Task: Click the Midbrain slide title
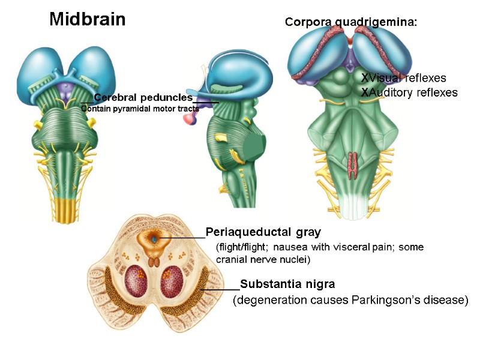pyautogui.click(x=88, y=20)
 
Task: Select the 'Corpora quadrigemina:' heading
pyautogui.click(x=350, y=22)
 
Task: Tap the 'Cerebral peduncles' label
pyautogui.click(x=143, y=97)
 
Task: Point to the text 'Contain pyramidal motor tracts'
pyautogui.click(x=140, y=109)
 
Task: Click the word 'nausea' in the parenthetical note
pyautogui.click(x=299, y=247)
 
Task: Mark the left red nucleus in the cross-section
pyautogui.click(x=139, y=281)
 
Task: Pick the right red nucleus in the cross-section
pyautogui.click(x=172, y=281)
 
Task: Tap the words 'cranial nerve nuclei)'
pyautogui.click(x=263, y=260)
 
